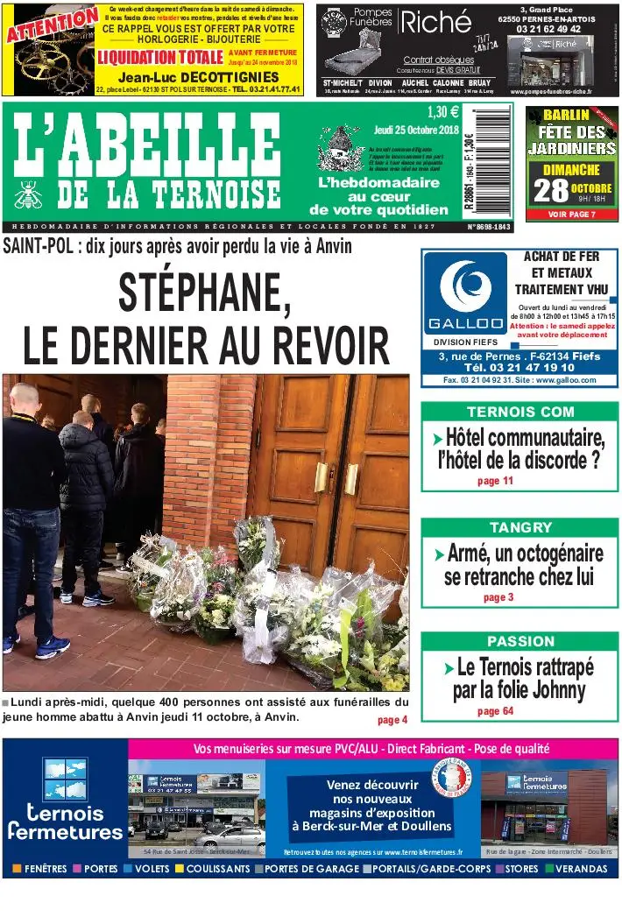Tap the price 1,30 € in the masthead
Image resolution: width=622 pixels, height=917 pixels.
point(442,112)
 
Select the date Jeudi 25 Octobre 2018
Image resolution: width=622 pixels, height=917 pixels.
point(416,130)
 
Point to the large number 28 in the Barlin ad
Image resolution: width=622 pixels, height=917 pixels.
point(550,189)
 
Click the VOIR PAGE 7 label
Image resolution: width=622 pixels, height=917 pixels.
point(571,215)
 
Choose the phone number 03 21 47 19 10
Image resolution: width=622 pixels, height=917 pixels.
point(519,368)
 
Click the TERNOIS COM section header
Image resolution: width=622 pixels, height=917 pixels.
point(520,412)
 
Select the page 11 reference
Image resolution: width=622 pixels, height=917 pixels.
point(495,481)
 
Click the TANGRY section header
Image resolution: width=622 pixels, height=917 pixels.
point(520,527)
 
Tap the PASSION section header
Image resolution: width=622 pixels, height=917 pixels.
point(520,641)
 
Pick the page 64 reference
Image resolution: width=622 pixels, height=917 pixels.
point(495,711)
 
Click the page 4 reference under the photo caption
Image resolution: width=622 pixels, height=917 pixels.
point(392,720)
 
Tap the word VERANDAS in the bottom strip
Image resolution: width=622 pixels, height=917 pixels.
point(582,869)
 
